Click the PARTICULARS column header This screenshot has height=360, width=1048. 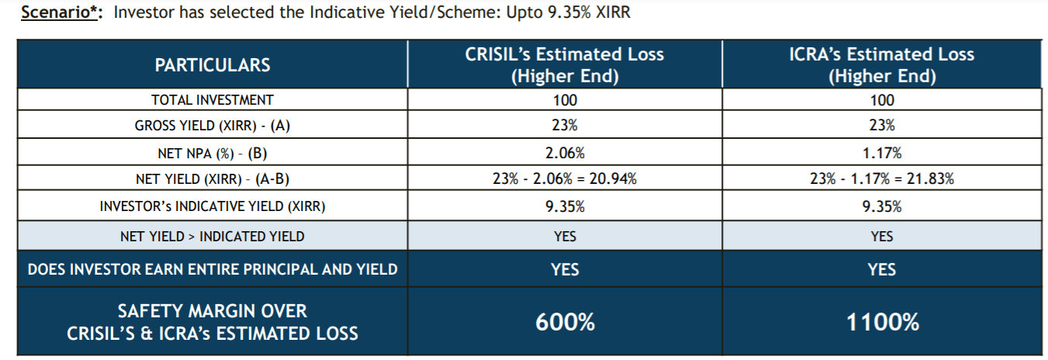point(213,65)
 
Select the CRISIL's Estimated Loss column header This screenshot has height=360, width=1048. point(565,64)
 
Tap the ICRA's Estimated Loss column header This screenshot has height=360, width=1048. point(882,64)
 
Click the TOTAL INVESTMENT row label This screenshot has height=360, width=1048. point(213,100)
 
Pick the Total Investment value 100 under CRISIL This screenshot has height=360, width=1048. point(565,100)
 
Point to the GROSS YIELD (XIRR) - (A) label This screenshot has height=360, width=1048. point(213,126)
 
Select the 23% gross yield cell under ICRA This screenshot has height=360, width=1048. point(882,125)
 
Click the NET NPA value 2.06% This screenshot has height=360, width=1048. point(565,153)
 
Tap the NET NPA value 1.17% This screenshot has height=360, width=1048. point(882,153)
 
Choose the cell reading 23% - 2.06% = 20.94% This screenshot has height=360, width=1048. point(565,178)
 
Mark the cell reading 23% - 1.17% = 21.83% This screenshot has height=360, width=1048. point(882,178)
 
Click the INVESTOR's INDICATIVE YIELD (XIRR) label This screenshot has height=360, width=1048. point(213,206)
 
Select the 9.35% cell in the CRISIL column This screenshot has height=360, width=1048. point(565,206)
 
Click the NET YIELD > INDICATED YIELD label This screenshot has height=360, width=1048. point(213,237)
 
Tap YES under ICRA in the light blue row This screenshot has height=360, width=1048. point(882,237)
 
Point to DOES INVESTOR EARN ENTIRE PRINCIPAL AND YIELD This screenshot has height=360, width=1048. point(213,269)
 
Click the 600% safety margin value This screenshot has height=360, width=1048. point(565,322)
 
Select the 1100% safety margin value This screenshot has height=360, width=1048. point(882,322)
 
